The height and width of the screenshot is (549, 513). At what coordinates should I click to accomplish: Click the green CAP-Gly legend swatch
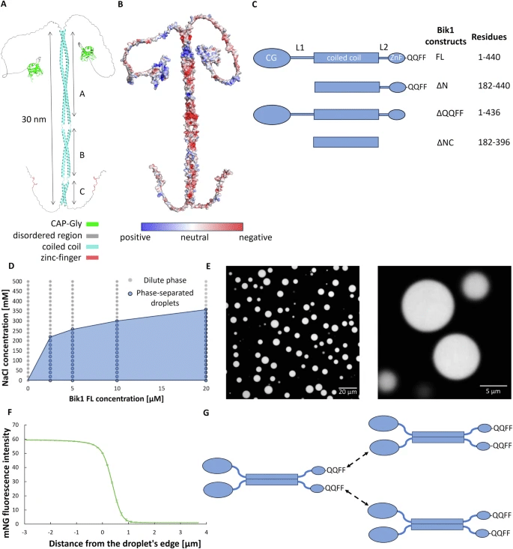[x=92, y=224]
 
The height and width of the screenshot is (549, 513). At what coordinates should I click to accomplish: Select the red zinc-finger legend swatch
[x=92, y=258]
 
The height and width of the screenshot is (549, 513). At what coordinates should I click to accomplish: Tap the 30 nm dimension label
[x=34, y=119]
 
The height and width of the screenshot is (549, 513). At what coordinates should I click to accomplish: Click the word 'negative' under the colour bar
[x=255, y=237]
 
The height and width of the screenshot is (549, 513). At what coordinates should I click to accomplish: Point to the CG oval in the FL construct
[x=272, y=58]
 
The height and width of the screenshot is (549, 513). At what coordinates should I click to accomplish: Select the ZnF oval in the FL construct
[x=396, y=58]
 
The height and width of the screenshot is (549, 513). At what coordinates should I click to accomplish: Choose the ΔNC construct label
[x=445, y=142]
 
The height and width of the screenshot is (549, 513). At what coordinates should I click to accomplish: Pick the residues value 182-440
[x=494, y=86]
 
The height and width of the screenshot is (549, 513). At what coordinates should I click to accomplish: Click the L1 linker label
[x=300, y=47]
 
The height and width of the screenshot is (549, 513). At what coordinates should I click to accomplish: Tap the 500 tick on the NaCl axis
[x=17, y=281]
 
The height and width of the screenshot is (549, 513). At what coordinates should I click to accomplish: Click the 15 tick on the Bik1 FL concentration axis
[x=162, y=388]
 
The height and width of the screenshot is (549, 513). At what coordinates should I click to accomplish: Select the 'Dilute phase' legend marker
[x=130, y=280]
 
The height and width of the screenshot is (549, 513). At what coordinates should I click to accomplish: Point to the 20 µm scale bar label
[x=347, y=392]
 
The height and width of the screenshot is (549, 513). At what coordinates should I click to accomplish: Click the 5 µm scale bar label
[x=493, y=391]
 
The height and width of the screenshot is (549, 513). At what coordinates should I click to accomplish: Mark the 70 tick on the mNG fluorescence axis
[x=16, y=425]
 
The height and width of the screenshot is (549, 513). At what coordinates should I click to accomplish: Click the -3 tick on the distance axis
[x=25, y=533]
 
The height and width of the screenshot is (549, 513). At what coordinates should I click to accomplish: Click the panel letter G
[x=206, y=413]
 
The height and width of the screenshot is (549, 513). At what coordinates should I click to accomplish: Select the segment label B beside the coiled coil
[x=82, y=155]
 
